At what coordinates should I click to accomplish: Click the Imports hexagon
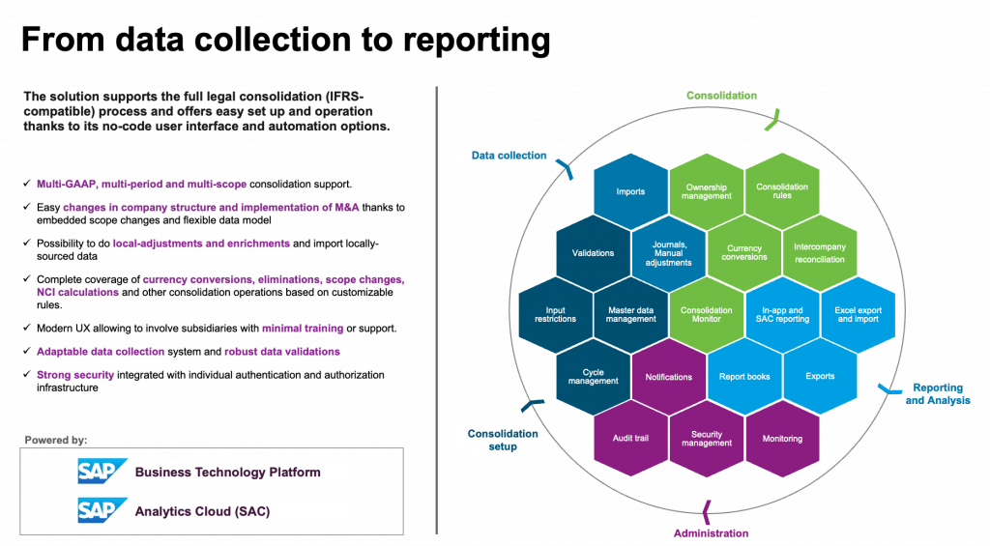630,191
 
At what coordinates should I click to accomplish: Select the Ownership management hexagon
707,191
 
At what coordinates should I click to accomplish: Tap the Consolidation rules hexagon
782,191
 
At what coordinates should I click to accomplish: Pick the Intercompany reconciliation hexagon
820,252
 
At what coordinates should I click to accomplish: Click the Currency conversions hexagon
744,252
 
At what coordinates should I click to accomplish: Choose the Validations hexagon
593,252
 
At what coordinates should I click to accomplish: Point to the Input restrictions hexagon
556,314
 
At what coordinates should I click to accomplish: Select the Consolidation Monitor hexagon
707,314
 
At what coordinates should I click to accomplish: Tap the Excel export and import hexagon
859,314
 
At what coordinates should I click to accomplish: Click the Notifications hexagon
669,377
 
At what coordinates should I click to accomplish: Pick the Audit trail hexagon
630,438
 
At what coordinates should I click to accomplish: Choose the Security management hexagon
707,438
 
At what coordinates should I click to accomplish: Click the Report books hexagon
744,377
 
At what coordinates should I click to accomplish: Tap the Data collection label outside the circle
509,156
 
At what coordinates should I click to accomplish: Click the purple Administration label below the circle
711,533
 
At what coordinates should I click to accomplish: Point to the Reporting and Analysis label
938,394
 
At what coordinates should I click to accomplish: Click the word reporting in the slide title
477,40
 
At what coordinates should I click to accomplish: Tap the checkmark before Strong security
26,374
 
